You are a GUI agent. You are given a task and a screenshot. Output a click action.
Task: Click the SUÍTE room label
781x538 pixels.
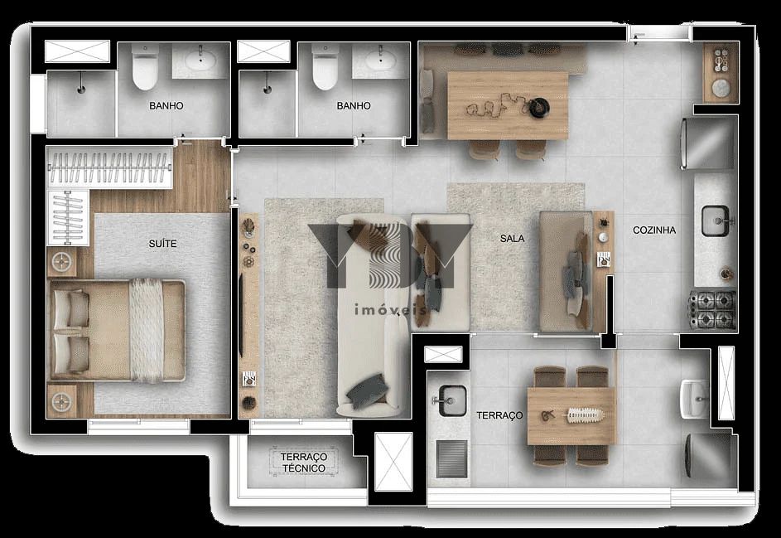coord(163,244)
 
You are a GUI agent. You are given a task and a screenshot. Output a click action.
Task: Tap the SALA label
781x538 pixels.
coord(512,238)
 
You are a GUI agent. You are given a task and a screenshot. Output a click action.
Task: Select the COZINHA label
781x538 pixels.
coord(654,230)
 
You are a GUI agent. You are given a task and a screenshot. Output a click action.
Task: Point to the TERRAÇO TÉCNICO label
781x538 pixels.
coord(303,463)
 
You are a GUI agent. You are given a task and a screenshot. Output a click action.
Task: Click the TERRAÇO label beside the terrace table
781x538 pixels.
coord(499,415)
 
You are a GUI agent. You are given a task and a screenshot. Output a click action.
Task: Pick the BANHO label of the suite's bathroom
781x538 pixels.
coord(166,106)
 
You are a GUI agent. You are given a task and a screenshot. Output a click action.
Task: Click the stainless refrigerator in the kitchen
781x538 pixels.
coord(709,144)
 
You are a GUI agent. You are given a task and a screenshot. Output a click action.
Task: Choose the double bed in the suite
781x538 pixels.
coord(117,329)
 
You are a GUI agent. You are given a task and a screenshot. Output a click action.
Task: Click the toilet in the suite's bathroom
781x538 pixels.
coord(145,70)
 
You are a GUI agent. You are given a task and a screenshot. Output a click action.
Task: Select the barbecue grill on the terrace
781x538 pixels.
coord(451,458)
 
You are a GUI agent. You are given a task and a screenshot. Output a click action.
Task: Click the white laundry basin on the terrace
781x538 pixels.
coord(693,399)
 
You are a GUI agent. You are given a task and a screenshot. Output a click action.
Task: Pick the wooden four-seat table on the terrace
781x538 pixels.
coord(571,415)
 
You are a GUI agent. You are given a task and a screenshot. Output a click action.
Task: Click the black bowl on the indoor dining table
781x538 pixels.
coord(542,105)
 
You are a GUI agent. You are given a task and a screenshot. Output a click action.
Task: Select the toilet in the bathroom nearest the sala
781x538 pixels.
coord(324,70)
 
